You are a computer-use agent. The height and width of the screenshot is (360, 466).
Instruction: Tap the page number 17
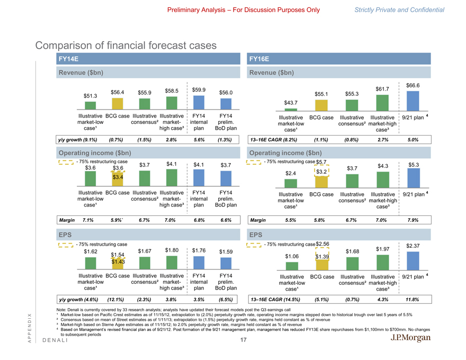[x=243, y=341]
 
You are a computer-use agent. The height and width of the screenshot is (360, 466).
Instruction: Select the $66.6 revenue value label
[x=413, y=85]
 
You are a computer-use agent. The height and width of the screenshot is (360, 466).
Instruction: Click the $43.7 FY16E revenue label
[x=291, y=103]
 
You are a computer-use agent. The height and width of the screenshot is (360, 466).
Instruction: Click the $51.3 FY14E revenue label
[x=91, y=96]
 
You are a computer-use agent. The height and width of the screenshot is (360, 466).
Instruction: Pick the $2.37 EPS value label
[x=413, y=245]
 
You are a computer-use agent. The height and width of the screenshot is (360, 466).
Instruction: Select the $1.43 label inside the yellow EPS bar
[x=118, y=261]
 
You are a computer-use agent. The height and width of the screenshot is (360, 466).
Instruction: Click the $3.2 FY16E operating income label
[x=321, y=172]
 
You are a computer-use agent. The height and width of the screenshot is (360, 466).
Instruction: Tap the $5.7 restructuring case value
[x=321, y=161]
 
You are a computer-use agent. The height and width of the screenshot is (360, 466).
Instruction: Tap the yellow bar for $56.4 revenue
[x=118, y=105]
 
